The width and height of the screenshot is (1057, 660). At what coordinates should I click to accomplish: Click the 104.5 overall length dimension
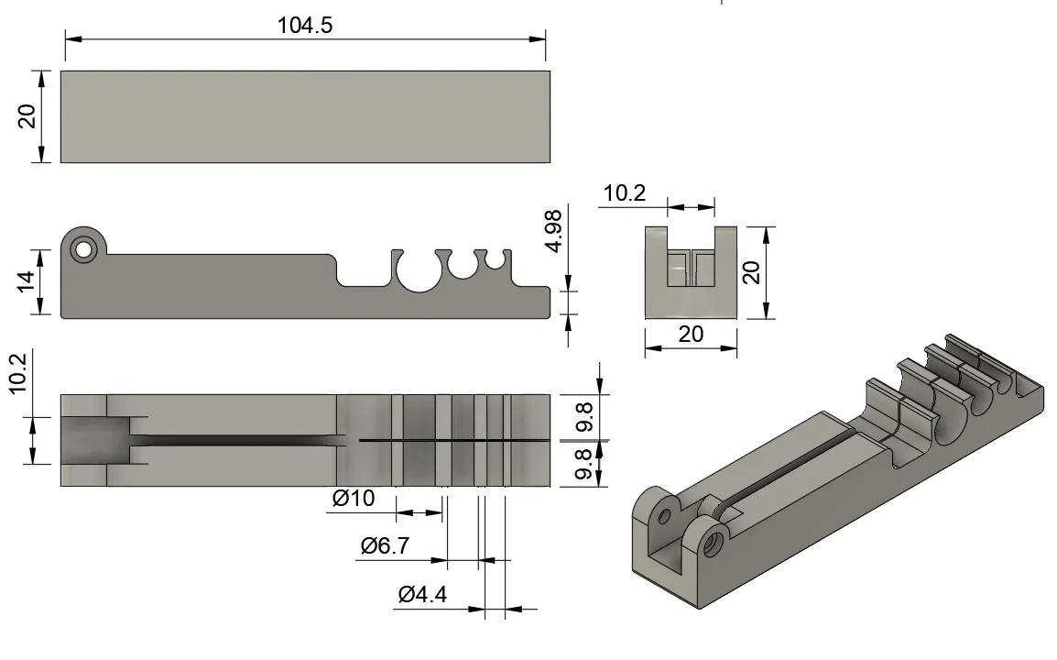tap(305, 26)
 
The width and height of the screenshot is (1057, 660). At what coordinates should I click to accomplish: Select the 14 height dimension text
tap(26, 280)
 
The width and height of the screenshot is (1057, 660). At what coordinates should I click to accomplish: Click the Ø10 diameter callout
tap(354, 498)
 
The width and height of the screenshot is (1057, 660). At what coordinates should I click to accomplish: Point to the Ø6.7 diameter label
tap(385, 545)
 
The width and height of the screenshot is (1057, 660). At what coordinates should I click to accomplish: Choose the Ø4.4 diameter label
tap(422, 595)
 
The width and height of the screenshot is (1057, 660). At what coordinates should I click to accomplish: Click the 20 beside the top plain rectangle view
tap(27, 116)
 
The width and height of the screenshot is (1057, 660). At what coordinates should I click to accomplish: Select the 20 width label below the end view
tap(691, 334)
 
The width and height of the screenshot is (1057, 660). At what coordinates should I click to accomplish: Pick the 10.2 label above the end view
tap(625, 193)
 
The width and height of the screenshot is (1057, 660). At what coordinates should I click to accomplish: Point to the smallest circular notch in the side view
tap(496, 259)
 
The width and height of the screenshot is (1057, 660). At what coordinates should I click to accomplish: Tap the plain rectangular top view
tap(305, 116)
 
